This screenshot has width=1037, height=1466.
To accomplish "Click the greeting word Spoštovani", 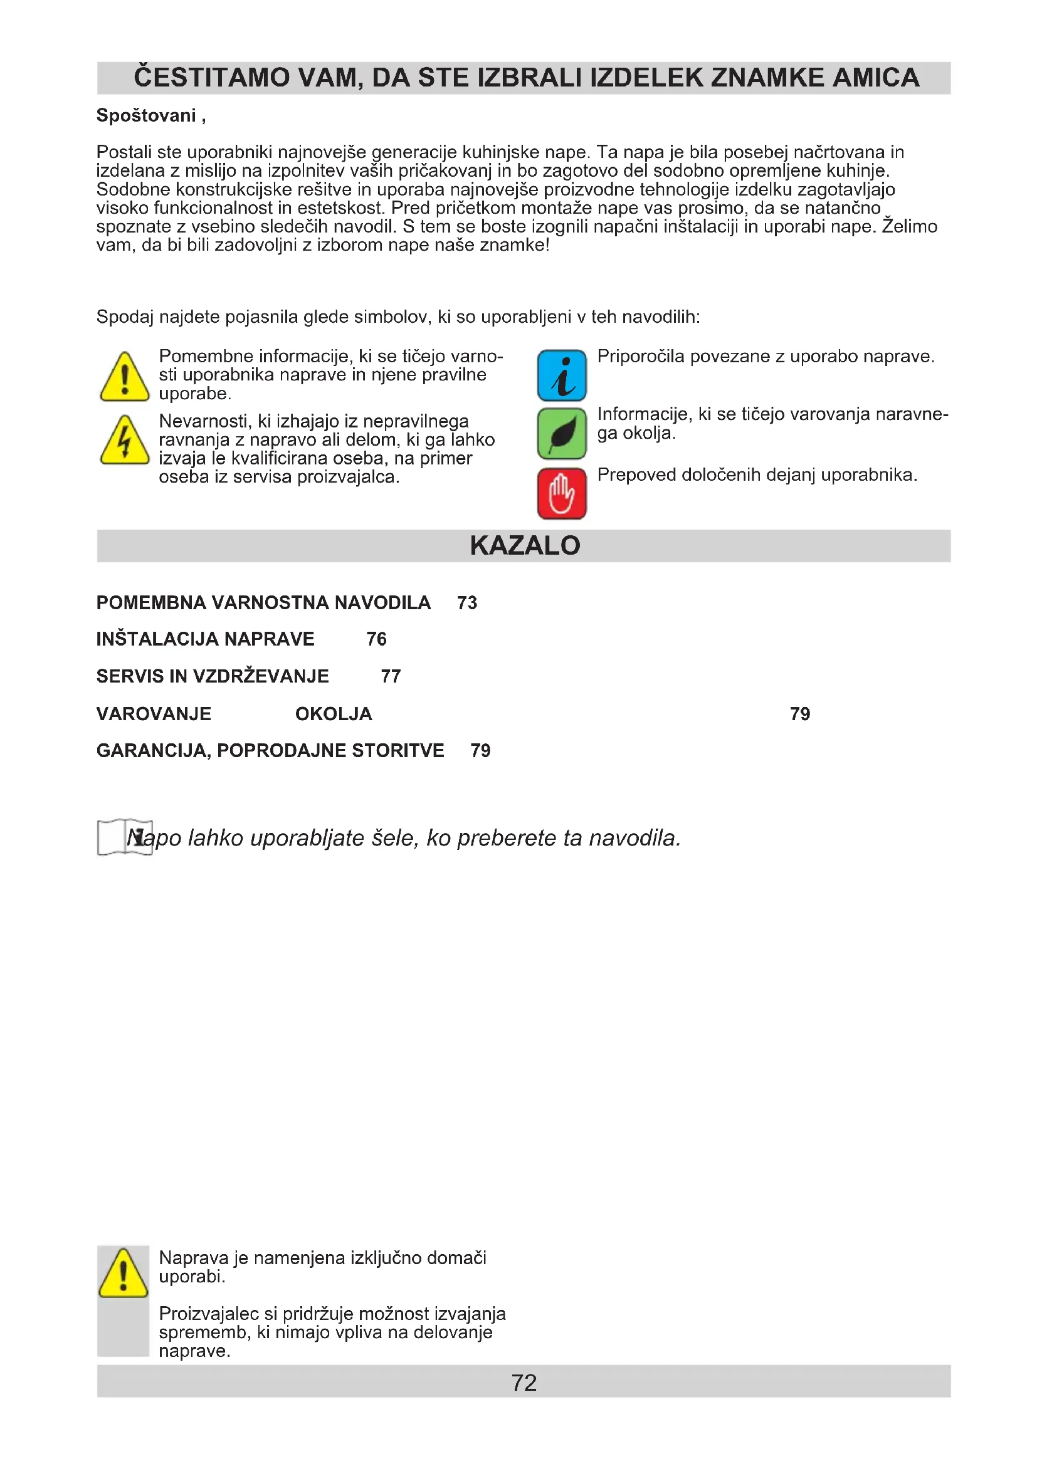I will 146,115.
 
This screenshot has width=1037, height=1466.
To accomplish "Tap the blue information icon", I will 561,375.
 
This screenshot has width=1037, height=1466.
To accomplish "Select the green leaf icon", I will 561,434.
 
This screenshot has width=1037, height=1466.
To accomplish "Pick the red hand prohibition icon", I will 561,493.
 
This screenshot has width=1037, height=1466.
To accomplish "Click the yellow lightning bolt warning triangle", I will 125,441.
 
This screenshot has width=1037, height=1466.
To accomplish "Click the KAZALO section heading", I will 524,545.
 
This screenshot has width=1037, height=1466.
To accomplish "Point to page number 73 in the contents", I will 467,603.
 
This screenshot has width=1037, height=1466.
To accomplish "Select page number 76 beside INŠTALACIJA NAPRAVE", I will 376,639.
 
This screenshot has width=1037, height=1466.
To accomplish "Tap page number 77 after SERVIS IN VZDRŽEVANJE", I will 391,676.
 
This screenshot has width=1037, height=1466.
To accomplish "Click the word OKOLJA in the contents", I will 334,714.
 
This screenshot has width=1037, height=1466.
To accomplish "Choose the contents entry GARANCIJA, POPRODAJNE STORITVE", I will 270,750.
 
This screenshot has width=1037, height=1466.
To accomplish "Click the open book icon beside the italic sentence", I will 125,837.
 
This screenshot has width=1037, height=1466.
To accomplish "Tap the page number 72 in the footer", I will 524,1383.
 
